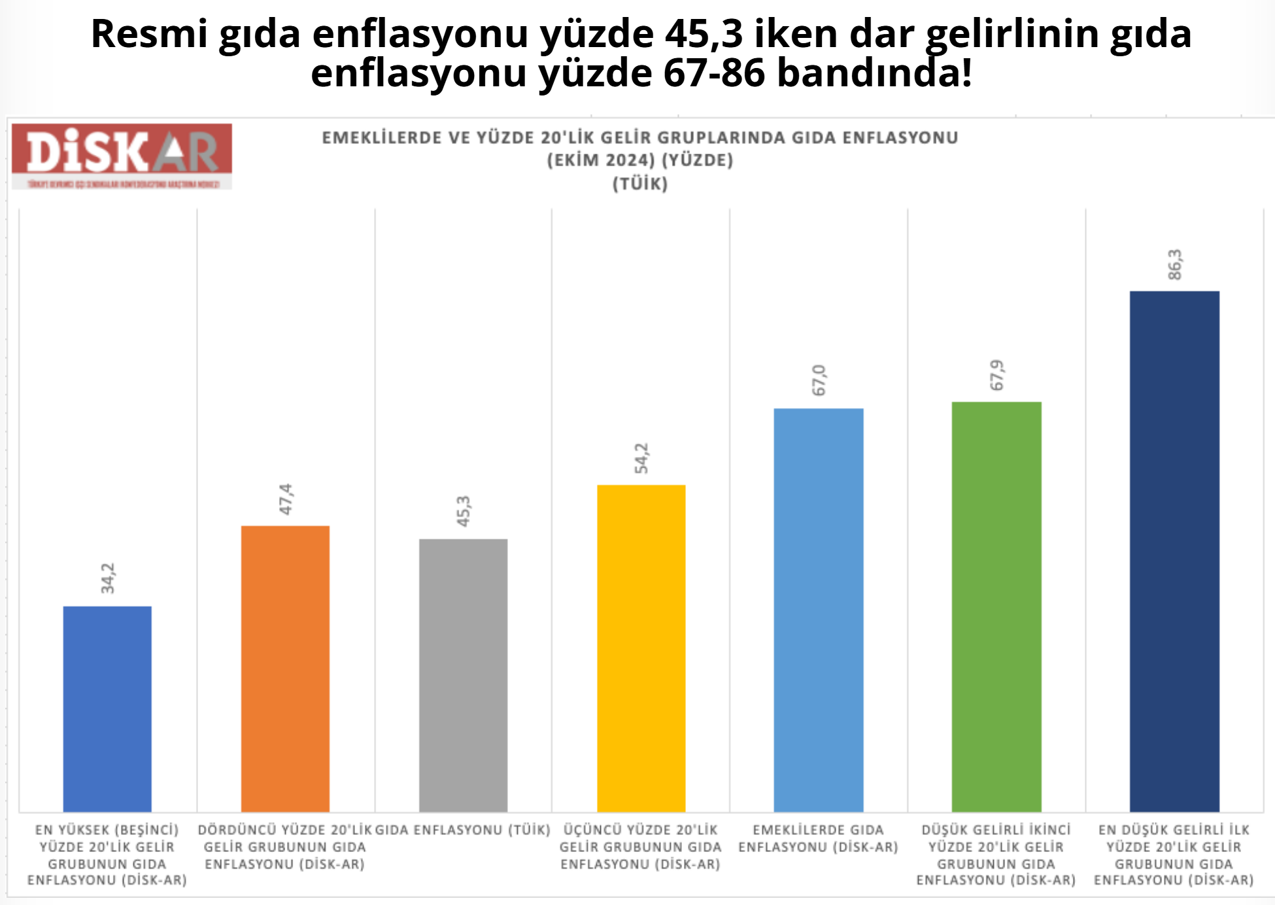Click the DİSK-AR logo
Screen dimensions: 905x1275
tap(122, 156)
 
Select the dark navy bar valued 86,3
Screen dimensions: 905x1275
tap(1174, 551)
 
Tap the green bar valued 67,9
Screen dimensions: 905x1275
tap(996, 607)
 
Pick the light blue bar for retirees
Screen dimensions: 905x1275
tap(819, 610)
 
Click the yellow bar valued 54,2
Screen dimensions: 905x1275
tap(641, 648)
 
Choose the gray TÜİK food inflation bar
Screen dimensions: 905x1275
tap(463, 675)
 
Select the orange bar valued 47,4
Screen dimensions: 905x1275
tap(285, 668)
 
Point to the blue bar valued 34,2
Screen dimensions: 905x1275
tap(107, 709)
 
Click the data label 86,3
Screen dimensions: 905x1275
tap(1175, 264)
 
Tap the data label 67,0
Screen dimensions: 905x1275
tap(819, 380)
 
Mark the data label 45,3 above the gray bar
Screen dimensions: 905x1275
tap(464, 511)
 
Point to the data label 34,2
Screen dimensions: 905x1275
tap(108, 578)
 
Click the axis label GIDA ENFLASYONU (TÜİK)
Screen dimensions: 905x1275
tap(463, 830)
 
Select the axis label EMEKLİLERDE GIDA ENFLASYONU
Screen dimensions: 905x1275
tap(819, 838)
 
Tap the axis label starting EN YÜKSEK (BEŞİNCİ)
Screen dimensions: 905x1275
tap(107, 855)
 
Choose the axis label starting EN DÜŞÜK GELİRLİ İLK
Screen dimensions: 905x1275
tap(1174, 855)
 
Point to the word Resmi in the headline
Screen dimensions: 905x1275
tap(148, 34)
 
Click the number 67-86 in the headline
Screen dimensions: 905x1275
tap(713, 73)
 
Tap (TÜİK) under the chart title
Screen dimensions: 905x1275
tap(640, 184)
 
